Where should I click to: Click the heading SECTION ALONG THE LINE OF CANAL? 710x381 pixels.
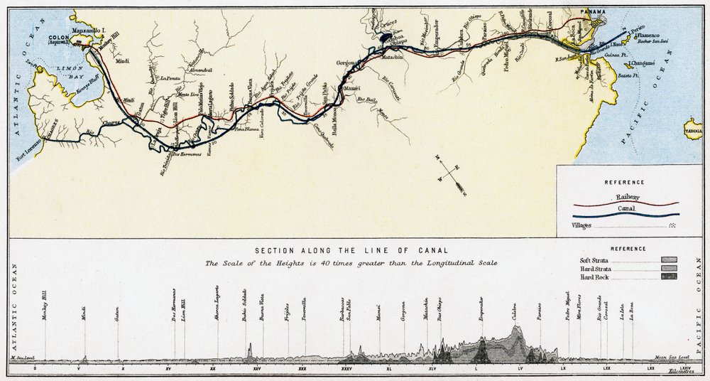point(351,250)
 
